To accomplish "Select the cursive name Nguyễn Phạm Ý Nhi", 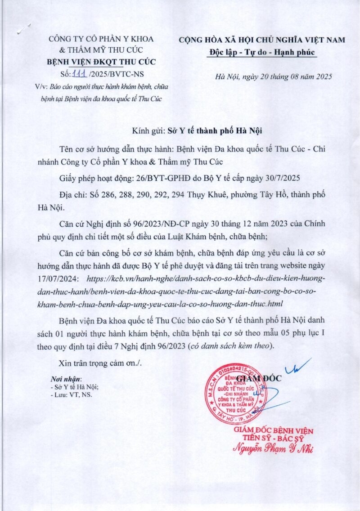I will point(272,448).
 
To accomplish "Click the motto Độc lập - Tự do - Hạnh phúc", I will point(262,52).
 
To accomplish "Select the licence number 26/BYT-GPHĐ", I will point(159,179).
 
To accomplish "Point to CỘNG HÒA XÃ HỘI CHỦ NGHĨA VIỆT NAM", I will point(262,40).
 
